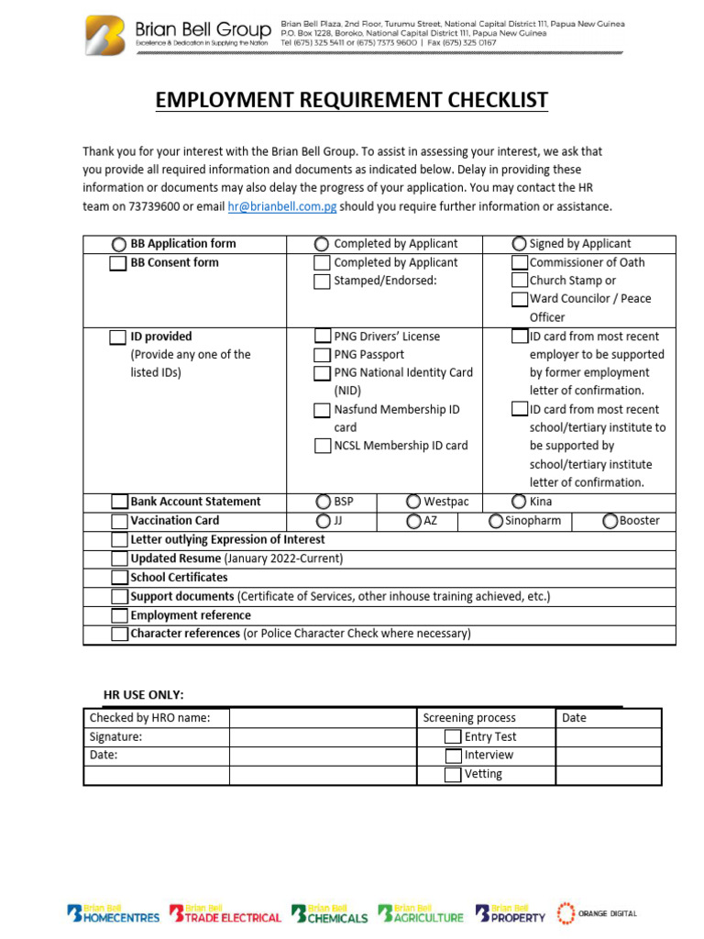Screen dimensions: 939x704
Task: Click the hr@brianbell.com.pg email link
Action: click(x=281, y=207)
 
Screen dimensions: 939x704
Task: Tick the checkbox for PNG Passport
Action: click(x=322, y=355)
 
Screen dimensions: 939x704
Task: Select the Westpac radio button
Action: click(x=414, y=502)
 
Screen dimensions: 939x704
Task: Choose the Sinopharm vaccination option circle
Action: click(x=496, y=521)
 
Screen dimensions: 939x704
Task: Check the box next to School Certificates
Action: click(x=119, y=578)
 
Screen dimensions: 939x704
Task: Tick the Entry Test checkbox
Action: click(x=453, y=737)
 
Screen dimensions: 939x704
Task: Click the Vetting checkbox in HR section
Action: click(x=453, y=775)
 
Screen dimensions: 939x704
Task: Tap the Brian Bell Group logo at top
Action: click(x=178, y=35)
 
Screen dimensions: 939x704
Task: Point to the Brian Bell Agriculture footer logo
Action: click(x=421, y=913)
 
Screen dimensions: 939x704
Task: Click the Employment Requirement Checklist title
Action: click(x=352, y=100)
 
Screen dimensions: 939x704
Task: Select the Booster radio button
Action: click(x=610, y=521)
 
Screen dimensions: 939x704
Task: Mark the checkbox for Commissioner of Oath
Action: click(x=520, y=262)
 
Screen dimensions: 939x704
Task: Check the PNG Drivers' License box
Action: click(x=322, y=337)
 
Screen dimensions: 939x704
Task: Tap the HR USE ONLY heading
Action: click(x=143, y=695)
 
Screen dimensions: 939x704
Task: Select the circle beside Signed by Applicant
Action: click(x=520, y=244)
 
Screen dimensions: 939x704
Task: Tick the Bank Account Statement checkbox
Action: click(x=119, y=502)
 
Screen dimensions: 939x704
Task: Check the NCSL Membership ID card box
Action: click(x=322, y=447)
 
